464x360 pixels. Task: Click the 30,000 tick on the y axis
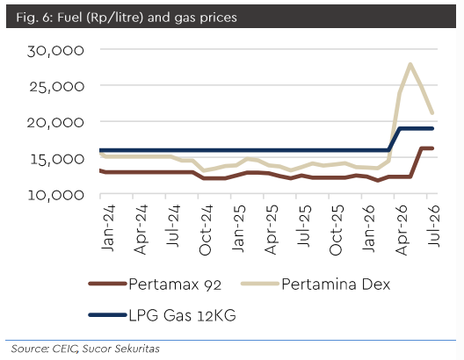point(55,51)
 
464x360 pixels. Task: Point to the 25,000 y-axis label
point(56,87)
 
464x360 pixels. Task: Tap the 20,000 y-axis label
point(55,123)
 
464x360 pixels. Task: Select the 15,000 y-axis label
point(57,159)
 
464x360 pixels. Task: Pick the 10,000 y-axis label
point(56,196)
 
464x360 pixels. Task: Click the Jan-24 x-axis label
point(108,228)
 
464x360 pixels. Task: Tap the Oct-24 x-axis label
point(206,230)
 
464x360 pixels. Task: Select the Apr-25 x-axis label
point(271,230)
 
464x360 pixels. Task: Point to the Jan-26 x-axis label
point(369,229)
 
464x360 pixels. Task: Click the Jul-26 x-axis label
point(434,226)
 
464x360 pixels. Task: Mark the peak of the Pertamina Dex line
point(410,64)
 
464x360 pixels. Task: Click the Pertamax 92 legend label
point(175,284)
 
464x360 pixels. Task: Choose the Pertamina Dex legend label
point(336,284)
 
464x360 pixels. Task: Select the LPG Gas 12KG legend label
point(182,315)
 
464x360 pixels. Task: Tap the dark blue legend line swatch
point(108,315)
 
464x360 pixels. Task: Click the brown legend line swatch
point(108,284)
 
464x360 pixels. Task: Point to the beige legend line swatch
point(260,284)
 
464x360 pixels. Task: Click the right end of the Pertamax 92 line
point(432,148)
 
